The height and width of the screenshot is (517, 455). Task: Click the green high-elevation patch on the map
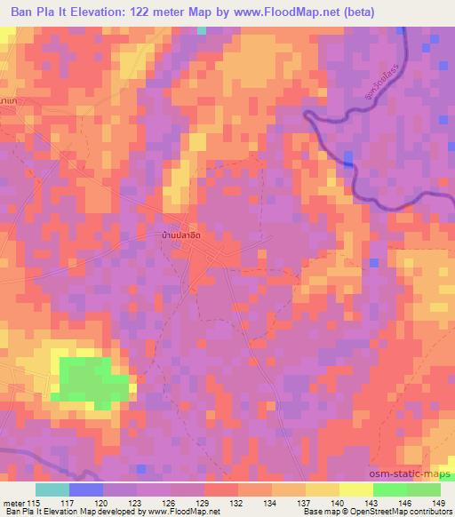tap(91, 379)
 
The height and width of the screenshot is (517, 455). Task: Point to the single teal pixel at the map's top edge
tap(202, 30)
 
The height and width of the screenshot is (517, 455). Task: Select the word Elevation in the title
tap(94, 12)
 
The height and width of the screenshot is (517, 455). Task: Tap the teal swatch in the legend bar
tap(52, 489)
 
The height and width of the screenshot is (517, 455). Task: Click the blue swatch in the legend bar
tap(85, 489)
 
